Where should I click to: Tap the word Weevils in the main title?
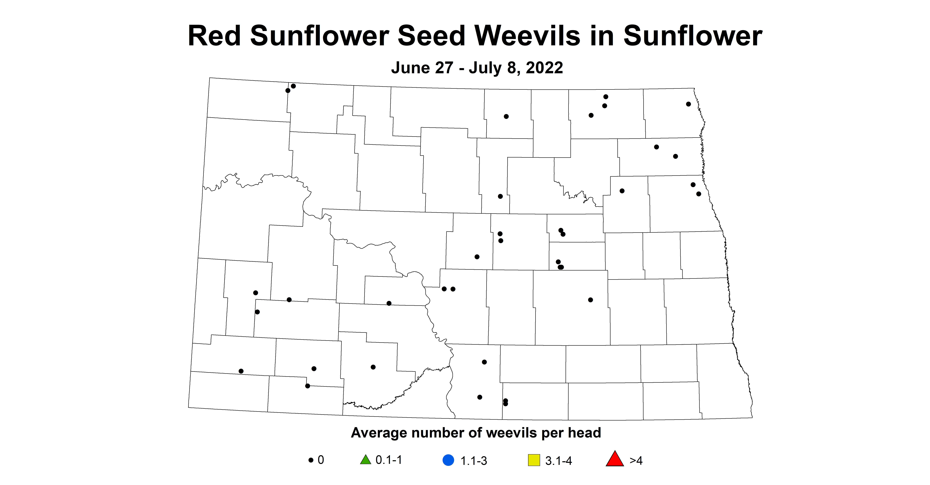(x=527, y=36)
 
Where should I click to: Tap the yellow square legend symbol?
(x=534, y=461)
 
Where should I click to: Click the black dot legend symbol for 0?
(x=310, y=461)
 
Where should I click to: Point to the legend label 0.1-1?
(x=389, y=460)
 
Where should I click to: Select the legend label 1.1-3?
(x=474, y=461)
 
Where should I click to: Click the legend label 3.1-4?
(x=558, y=461)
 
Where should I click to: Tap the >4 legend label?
(x=636, y=461)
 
